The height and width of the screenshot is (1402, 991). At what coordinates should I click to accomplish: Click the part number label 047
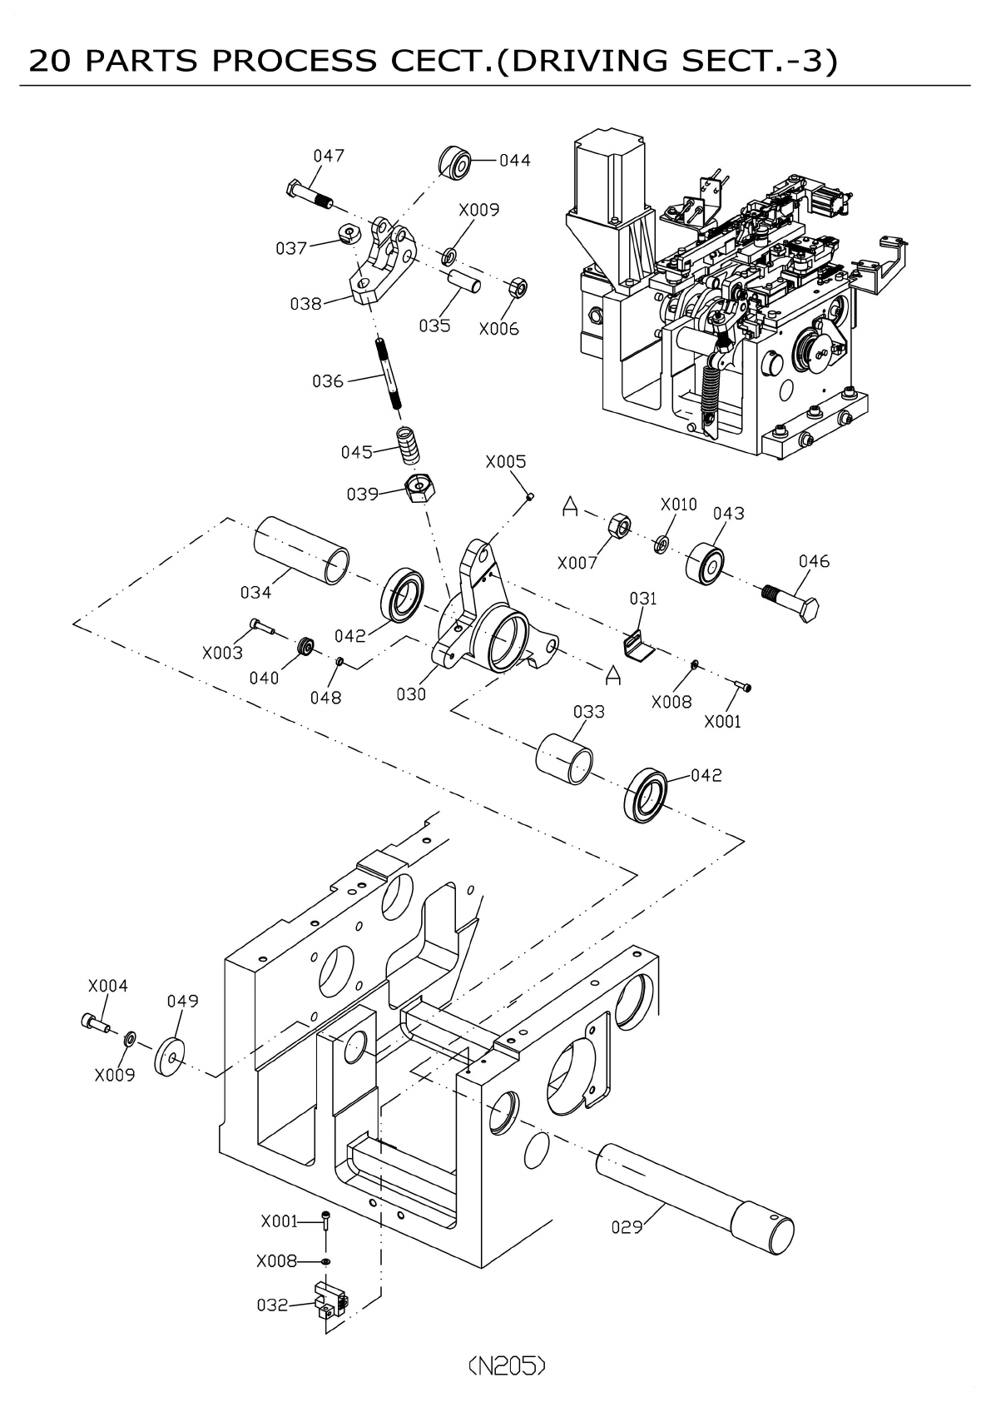(x=329, y=155)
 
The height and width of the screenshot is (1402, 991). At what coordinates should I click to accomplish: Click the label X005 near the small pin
(x=506, y=461)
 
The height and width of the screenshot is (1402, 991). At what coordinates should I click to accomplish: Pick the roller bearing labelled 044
(x=454, y=163)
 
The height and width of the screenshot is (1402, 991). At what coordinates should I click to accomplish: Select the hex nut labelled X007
(x=619, y=525)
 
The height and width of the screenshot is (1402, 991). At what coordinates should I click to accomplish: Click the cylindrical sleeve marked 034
(x=301, y=550)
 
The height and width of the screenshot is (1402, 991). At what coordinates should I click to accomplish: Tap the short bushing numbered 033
(x=564, y=759)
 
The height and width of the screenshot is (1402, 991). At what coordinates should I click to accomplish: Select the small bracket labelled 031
(x=639, y=645)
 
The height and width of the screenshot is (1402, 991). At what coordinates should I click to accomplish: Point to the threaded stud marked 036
(x=388, y=374)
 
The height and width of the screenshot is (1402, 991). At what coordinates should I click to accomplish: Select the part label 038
(x=305, y=304)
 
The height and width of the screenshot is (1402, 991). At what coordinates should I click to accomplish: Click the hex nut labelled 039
(x=420, y=489)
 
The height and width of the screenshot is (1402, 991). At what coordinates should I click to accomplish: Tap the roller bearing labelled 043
(x=705, y=564)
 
